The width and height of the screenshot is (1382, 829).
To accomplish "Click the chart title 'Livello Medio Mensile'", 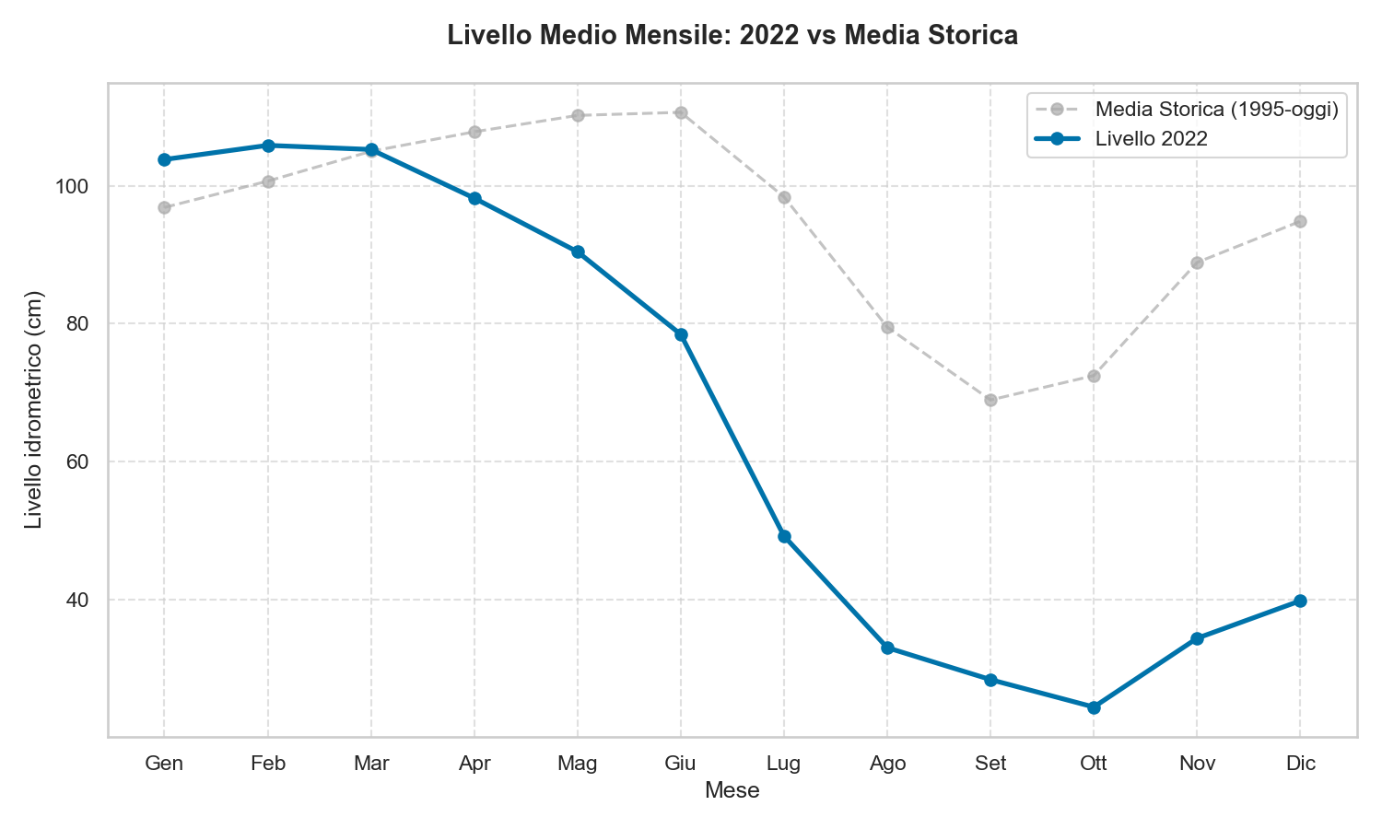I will point(732,36).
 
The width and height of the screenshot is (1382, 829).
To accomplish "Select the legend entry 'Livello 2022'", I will point(1151,139).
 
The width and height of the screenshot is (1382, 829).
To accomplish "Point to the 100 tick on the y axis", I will point(75,186).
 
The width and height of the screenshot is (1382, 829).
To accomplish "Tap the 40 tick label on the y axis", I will point(78,600).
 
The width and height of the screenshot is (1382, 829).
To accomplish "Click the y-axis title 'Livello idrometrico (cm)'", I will point(34,410).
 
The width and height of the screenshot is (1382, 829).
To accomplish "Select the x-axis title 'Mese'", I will point(732,790).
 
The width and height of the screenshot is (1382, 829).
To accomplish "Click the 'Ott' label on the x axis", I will point(1094,764).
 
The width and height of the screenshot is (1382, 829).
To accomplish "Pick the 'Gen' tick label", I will point(164,764).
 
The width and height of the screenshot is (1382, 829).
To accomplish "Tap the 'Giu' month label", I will point(681,764).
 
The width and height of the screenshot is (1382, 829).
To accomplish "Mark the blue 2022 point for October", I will point(1094,707).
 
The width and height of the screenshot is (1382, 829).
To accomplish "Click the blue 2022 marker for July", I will point(784,536).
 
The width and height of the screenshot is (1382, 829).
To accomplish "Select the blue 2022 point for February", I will point(268,146).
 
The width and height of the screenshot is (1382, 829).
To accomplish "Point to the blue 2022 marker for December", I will point(1300,601).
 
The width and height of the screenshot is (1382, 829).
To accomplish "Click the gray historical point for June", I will point(681,112).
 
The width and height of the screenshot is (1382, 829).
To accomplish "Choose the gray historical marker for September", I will point(990,400).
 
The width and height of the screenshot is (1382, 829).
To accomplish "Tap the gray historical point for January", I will point(164,207).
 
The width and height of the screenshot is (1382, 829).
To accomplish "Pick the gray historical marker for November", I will point(1197,263).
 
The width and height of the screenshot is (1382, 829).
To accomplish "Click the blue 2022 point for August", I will point(887,648).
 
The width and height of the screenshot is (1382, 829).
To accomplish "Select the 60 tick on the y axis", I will point(78,461).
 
